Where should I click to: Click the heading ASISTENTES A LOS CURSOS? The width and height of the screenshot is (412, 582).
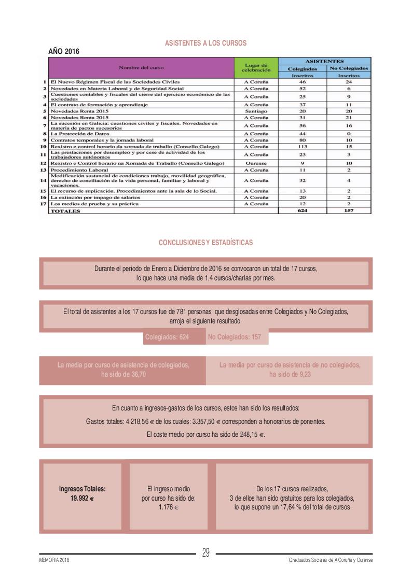[x=205, y=43]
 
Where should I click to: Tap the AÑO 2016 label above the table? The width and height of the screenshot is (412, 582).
[x=63, y=52]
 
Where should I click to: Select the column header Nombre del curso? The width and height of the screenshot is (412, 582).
[x=141, y=67]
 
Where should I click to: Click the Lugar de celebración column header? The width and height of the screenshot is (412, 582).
[x=256, y=67]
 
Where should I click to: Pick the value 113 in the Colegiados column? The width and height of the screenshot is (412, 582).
[x=302, y=147]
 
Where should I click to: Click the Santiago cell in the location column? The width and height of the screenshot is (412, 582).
[x=256, y=111]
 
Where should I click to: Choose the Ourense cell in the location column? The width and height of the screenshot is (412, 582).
[x=256, y=163]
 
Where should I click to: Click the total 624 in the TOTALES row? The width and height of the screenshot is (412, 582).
[x=302, y=211]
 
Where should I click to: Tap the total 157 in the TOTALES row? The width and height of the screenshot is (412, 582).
[x=349, y=211]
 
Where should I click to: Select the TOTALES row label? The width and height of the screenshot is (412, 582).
[x=65, y=211]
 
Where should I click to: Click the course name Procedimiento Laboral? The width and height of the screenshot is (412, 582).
[x=79, y=170]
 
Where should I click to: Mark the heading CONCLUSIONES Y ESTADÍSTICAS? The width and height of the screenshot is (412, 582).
[x=205, y=242]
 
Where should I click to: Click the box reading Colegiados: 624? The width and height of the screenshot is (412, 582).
[x=167, y=337]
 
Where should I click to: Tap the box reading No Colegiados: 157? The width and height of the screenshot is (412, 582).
[x=234, y=337]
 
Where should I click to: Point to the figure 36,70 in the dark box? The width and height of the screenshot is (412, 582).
[x=135, y=374]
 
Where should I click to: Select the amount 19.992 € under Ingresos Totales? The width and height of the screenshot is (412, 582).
[x=82, y=498]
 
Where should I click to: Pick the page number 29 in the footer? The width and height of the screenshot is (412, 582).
[x=205, y=553]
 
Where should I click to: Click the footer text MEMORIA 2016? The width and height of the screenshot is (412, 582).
[x=54, y=561]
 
